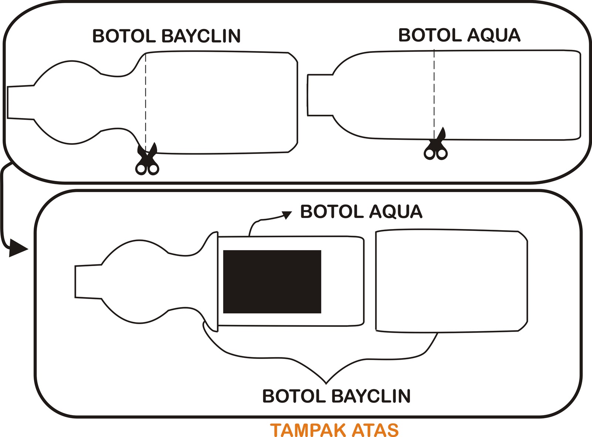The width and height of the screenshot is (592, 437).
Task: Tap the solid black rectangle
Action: click(x=272, y=282)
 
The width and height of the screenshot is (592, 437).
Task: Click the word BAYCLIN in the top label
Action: click(x=201, y=36)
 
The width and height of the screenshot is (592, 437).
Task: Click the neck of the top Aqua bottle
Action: click(x=320, y=95)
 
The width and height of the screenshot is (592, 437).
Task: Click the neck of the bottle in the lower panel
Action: click(x=88, y=281)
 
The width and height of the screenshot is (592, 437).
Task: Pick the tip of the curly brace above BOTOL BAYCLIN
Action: click(x=326, y=382)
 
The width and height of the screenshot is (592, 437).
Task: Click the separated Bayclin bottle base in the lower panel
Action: click(x=451, y=281)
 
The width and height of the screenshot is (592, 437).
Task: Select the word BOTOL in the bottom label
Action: click(x=294, y=396)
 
